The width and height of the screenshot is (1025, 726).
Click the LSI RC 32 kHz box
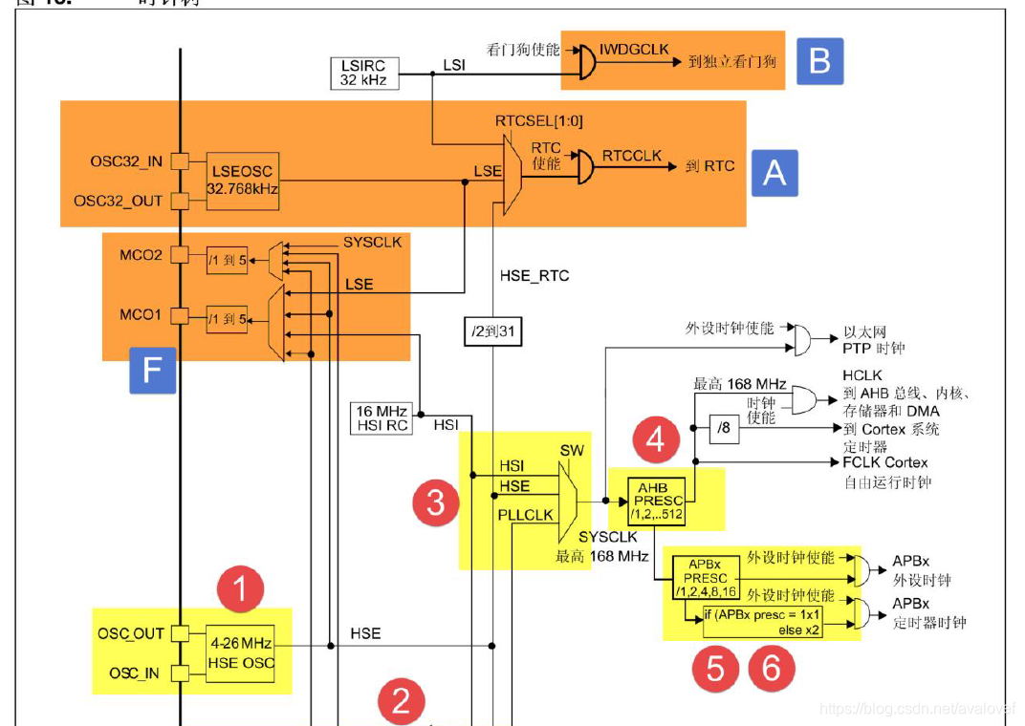tap(363, 73)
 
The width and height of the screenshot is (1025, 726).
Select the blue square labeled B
tap(819, 61)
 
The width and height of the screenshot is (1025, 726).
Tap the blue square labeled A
tap(774, 172)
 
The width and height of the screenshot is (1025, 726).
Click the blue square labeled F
tap(152, 370)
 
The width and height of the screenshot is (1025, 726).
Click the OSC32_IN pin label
tap(126, 161)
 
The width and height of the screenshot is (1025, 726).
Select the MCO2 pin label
tap(140, 256)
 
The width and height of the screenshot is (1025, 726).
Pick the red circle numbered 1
tap(240, 589)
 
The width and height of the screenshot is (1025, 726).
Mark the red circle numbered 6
tap(771, 669)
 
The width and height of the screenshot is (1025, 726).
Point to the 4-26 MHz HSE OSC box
tap(241, 653)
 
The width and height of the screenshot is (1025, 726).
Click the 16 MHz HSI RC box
tap(382, 417)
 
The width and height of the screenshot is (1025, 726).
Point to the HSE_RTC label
tap(534, 276)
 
